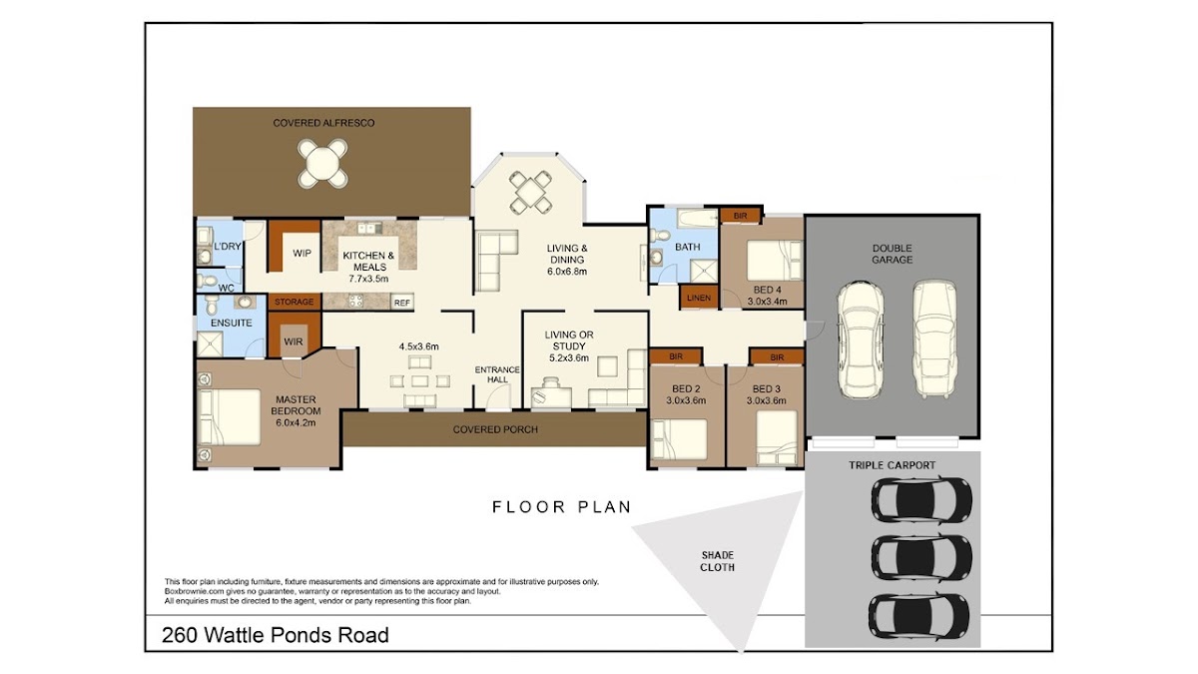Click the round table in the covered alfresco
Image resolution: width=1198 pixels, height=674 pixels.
tap(322, 163)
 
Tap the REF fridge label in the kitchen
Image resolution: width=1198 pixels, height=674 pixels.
tap(401, 303)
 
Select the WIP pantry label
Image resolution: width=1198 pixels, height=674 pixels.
tap(301, 253)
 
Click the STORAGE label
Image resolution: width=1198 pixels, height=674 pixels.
tap(295, 302)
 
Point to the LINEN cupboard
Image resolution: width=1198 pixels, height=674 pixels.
tap(699, 298)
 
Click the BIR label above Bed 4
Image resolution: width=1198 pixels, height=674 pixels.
tap(740, 216)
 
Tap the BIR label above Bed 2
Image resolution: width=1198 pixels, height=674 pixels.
tap(676, 356)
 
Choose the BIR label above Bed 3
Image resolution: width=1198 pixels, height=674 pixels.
tap(777, 357)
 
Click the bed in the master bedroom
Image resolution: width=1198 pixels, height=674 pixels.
tap(229, 417)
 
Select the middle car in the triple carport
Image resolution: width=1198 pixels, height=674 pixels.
tap(921, 556)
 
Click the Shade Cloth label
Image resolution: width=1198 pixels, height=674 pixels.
tap(717, 561)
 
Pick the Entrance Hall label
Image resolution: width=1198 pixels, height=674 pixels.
tap(497, 374)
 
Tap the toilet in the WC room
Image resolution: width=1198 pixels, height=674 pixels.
tap(207, 280)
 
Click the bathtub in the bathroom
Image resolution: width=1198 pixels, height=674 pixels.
tap(698, 219)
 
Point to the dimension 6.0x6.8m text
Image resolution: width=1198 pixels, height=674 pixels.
tap(567, 272)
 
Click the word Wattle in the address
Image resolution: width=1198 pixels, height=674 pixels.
tap(235, 635)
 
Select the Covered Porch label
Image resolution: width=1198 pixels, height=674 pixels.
tap(495, 429)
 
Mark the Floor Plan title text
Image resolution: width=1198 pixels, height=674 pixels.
tap(561, 506)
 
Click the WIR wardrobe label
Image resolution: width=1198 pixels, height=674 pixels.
tap(294, 341)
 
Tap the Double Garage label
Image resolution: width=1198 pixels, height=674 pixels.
tap(893, 254)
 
